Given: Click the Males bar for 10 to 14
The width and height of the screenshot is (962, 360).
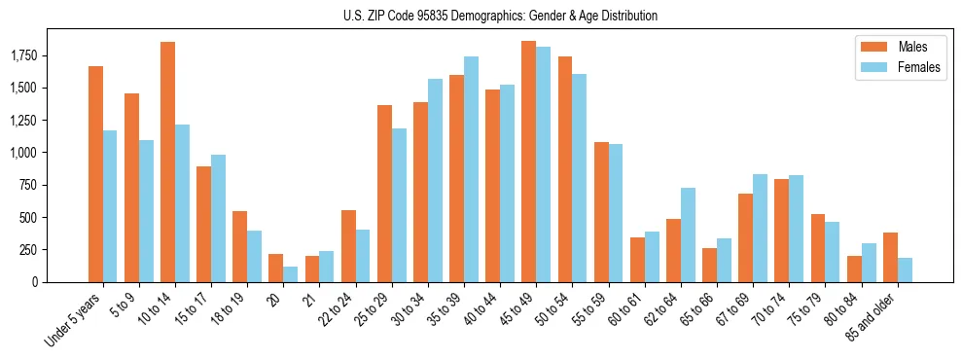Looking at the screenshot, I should (x=167, y=162).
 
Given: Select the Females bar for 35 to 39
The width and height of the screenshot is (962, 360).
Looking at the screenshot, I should (x=471, y=169).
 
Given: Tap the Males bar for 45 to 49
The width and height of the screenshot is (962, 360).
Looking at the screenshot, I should (x=528, y=162).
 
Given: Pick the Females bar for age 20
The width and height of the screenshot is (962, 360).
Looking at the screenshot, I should (x=291, y=274).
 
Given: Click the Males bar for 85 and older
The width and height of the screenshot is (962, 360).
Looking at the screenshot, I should (x=889, y=258).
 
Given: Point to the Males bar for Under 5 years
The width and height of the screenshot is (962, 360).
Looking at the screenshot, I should (x=95, y=174).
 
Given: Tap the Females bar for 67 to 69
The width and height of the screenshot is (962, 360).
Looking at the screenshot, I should (x=760, y=228).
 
